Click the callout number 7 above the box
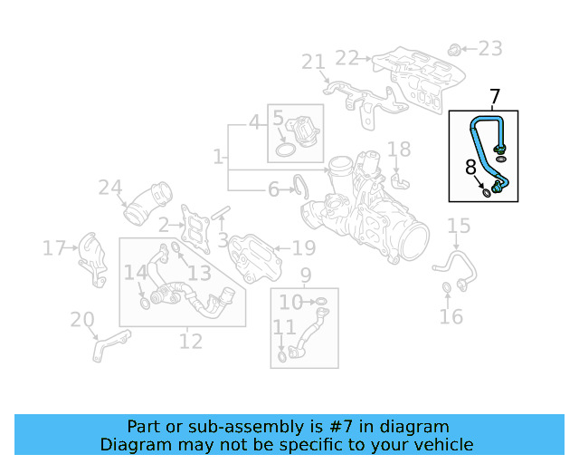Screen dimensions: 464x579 495,97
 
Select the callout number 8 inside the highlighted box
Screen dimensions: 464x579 470,168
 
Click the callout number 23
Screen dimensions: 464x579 489,48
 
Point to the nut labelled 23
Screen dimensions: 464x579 456,47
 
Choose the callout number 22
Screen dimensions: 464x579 346,58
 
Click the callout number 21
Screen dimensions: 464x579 313,62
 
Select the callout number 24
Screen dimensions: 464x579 110,188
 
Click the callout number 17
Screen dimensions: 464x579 54,247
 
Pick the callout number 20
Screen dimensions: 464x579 82,319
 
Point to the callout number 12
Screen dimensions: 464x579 191,342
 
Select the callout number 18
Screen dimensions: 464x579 399,150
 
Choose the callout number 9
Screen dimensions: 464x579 305,275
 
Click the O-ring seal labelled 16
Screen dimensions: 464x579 447,289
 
